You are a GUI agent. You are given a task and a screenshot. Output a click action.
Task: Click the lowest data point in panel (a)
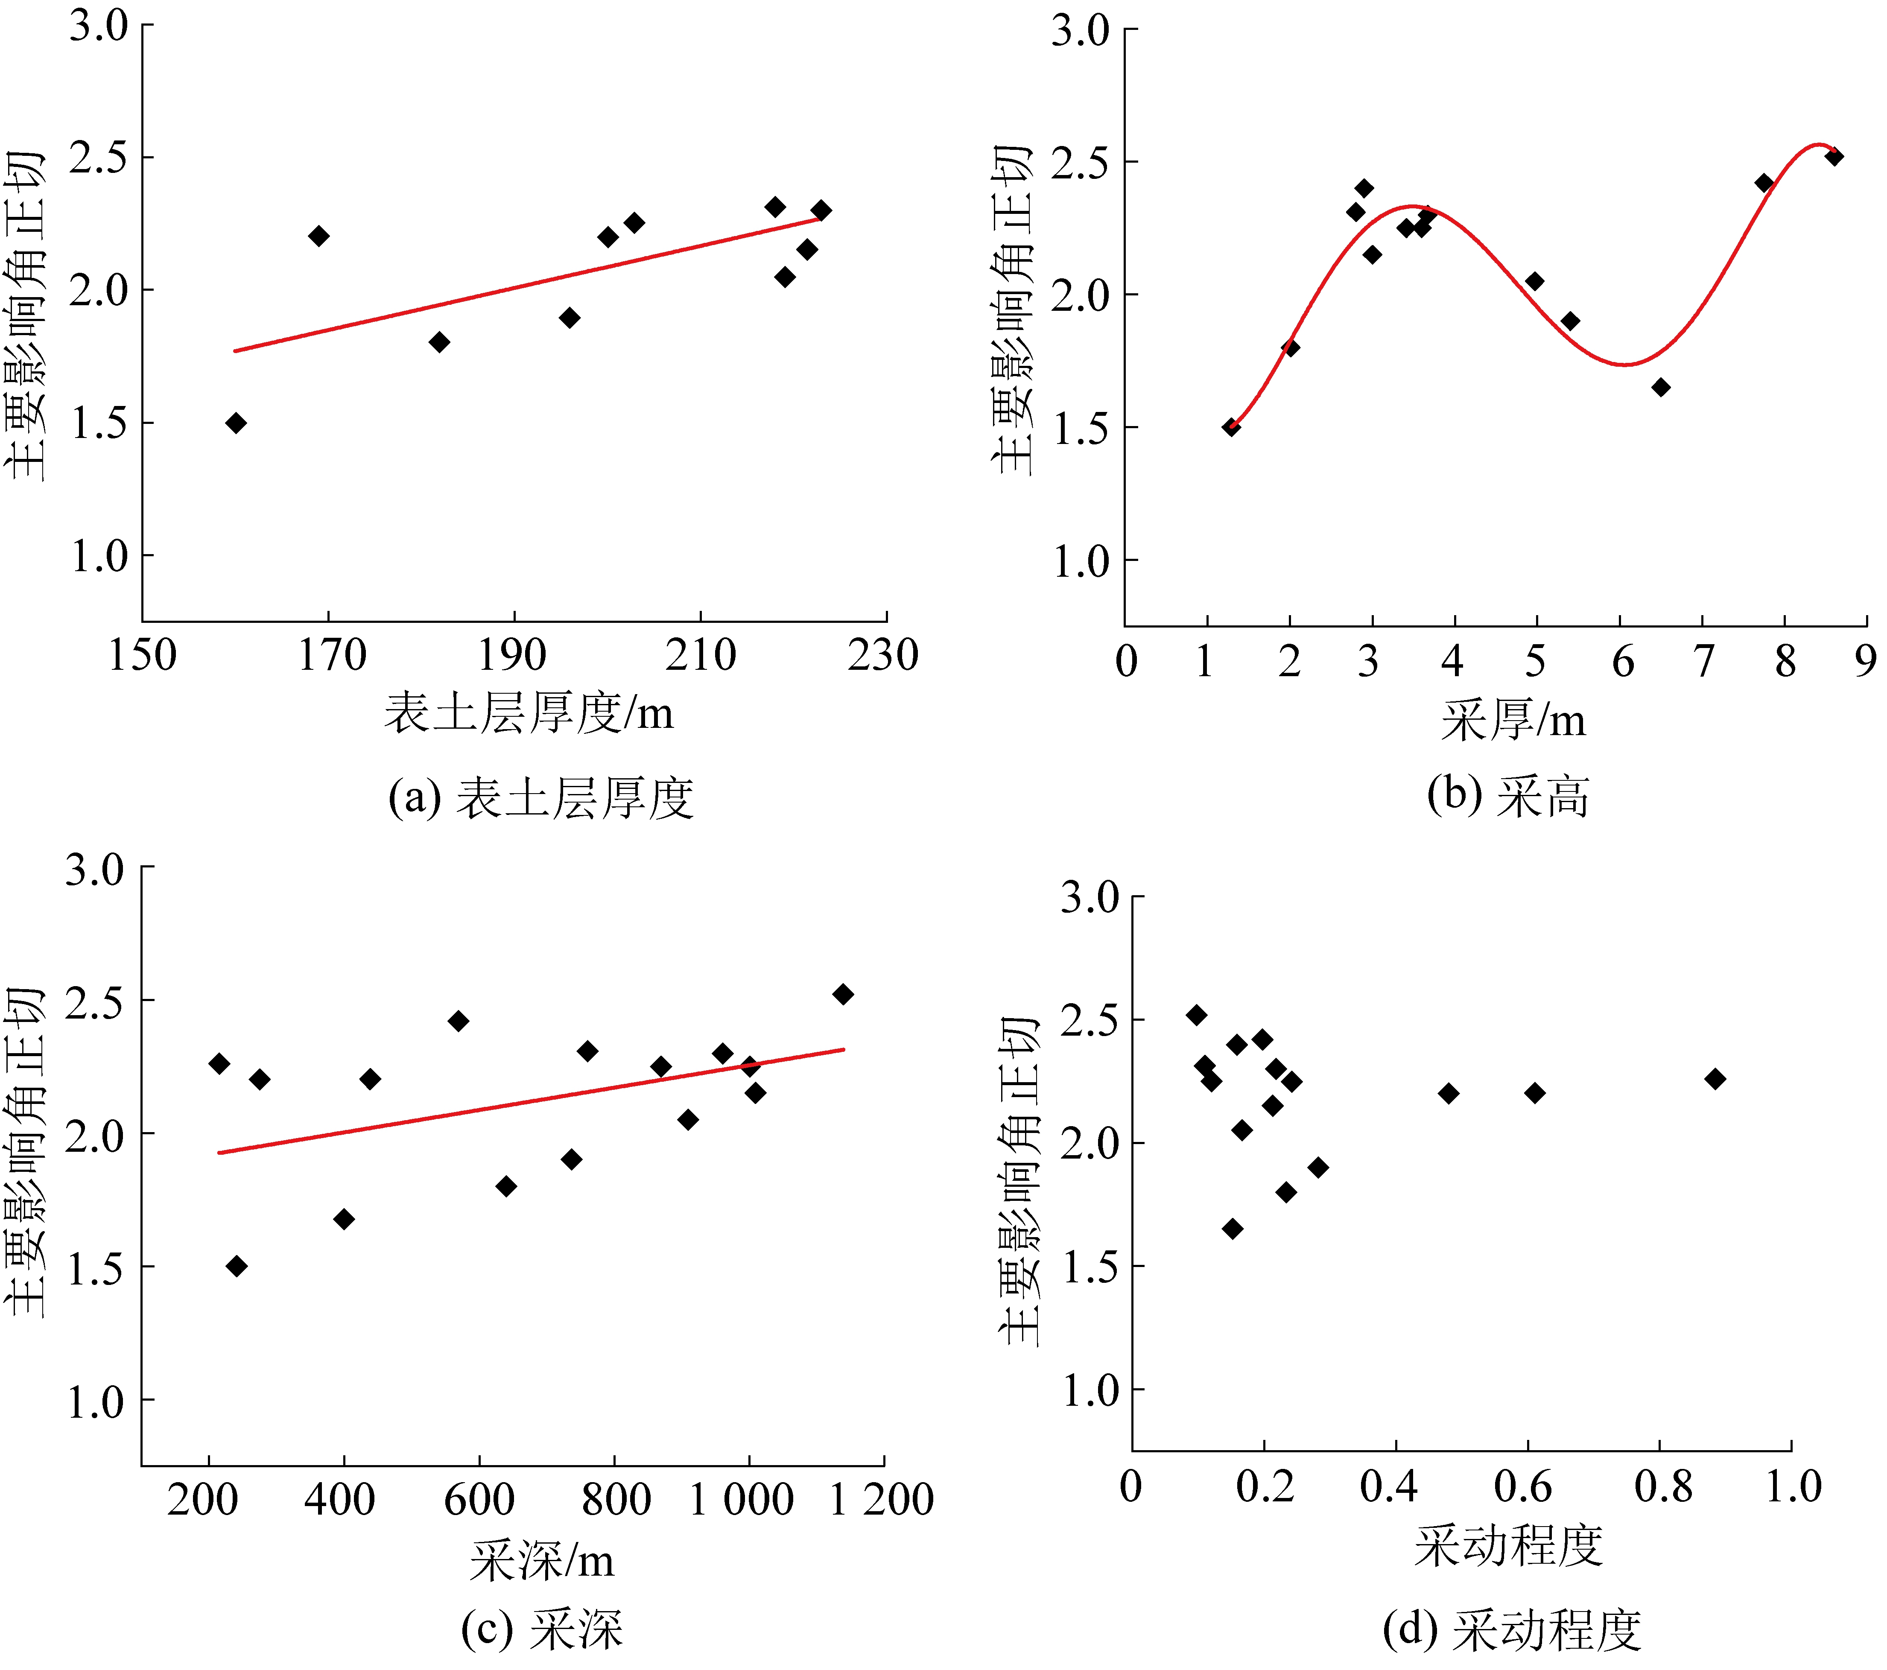click(237, 423)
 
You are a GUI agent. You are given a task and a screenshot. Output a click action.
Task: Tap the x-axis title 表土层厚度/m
click(529, 714)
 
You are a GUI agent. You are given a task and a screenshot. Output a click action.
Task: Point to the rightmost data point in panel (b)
click(1834, 157)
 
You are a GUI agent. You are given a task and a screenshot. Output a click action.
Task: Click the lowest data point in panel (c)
click(237, 1266)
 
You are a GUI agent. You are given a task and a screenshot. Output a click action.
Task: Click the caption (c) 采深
click(542, 1630)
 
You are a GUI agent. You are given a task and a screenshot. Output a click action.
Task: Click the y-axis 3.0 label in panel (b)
click(1080, 30)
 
